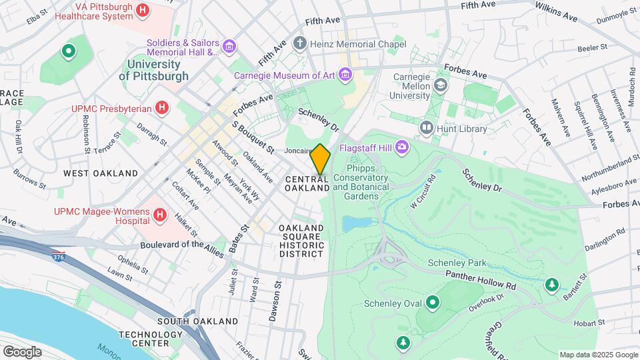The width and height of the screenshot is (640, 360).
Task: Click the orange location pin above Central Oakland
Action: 321,159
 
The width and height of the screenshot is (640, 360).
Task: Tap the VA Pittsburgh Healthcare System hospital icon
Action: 142,10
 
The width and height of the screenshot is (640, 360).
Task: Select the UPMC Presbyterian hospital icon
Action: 161,107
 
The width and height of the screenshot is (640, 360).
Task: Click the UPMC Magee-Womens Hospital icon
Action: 159,215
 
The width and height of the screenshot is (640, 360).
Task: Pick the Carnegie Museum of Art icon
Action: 345,75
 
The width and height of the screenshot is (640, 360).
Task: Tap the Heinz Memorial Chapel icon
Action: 301,44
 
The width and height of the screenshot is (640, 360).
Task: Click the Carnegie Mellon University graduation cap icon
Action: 440,85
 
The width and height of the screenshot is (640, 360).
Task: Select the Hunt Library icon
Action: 426,127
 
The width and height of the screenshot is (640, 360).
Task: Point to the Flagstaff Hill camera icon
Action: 402,147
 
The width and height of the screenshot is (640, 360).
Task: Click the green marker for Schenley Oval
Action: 433,303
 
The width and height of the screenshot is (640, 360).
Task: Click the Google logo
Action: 22,351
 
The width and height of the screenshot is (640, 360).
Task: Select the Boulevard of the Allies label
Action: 182,245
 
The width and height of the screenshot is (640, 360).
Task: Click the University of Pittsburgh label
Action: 154,70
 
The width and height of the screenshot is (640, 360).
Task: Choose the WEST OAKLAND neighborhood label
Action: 101,173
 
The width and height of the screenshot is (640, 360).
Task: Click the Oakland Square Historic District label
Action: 301,241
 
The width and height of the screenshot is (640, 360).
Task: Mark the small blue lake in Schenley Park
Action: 355,223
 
